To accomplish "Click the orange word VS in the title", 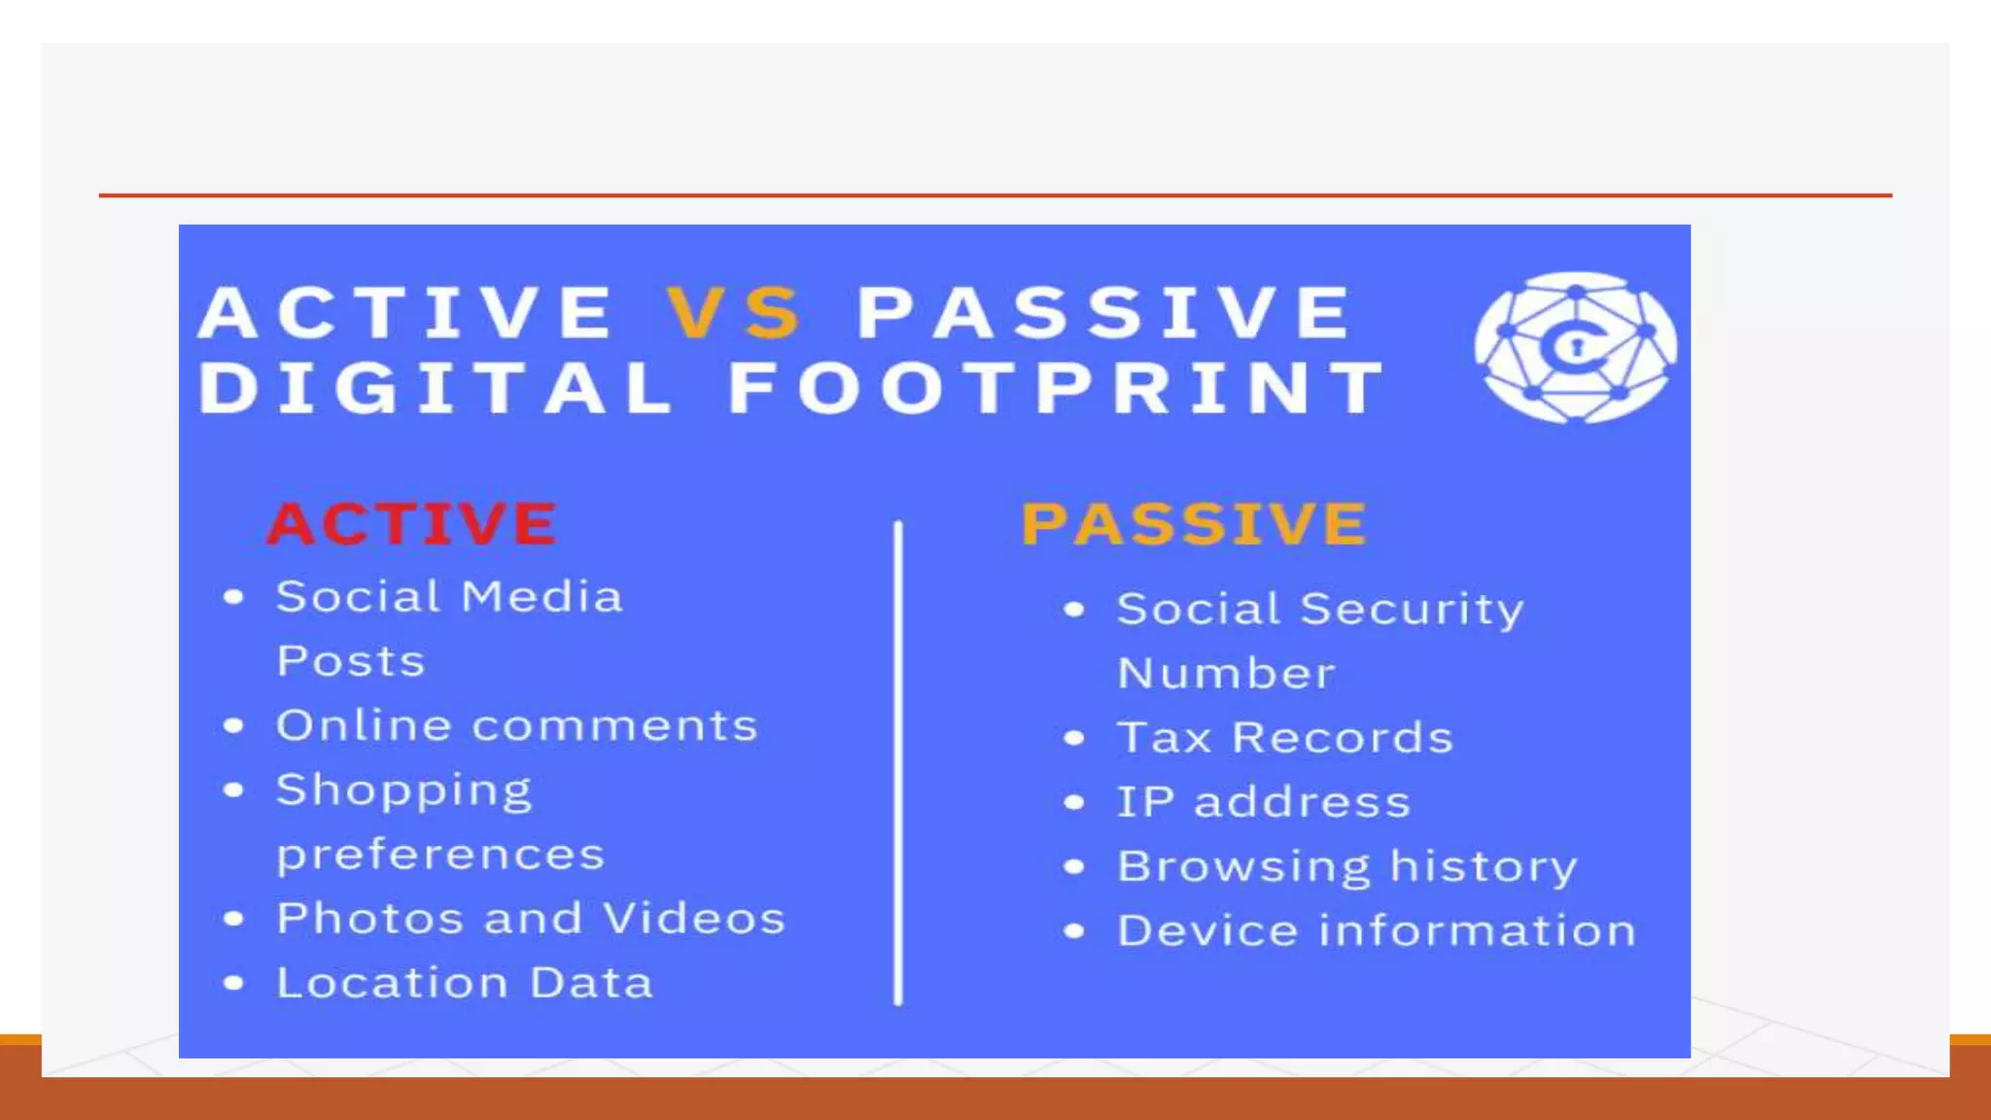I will (x=734, y=313).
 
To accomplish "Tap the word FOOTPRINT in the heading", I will (x=1057, y=388).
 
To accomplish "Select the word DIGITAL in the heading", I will (x=436, y=388).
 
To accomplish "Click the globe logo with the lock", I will (x=1575, y=347).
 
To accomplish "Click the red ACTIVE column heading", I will (x=412, y=524).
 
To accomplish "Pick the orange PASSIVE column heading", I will (x=1194, y=524).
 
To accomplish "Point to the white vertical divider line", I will (x=898, y=763).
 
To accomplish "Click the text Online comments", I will (x=516, y=726).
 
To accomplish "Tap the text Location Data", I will (x=465, y=983).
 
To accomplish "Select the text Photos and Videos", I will (x=531, y=919).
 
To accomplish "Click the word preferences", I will (x=440, y=856).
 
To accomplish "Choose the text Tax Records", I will (x=1284, y=738).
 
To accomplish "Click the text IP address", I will (x=1263, y=803).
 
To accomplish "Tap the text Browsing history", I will (x=1346, y=867).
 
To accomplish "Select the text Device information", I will (x=1377, y=931).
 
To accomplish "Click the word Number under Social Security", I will (x=1226, y=674).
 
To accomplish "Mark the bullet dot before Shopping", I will (x=233, y=790).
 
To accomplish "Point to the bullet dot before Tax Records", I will (x=1073, y=739).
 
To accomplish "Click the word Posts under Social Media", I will (x=351, y=662).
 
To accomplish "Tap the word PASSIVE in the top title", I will (x=1103, y=313).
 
